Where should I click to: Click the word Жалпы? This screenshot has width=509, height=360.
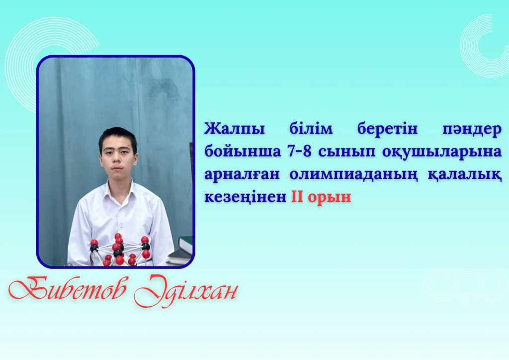(235, 129)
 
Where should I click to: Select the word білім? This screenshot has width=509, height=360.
(311, 129)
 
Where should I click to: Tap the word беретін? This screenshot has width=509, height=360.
(387, 129)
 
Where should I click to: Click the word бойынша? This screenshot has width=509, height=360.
(243, 152)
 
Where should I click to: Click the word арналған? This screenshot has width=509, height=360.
(242, 175)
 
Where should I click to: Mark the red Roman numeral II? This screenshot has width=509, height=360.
(297, 196)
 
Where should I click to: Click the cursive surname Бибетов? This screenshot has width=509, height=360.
(67, 289)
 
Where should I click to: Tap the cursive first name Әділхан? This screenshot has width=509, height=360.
(186, 290)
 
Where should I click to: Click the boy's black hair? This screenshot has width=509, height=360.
(117, 136)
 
